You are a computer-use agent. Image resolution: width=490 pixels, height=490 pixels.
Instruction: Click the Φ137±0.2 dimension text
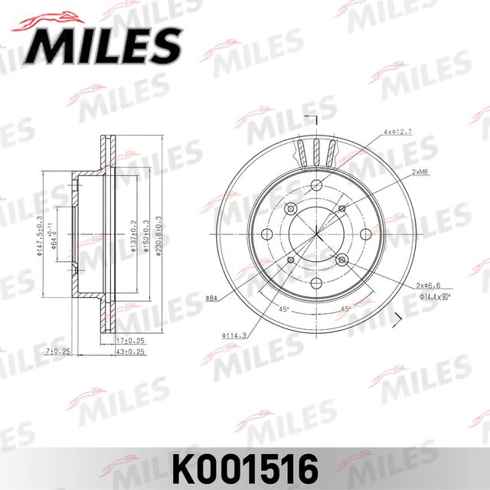(135, 237)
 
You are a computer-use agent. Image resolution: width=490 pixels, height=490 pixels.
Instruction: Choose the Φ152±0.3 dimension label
(147, 237)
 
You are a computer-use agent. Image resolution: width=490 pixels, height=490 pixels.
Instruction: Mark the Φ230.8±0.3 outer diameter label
(159, 235)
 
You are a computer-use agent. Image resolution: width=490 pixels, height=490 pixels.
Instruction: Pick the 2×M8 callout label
(420, 173)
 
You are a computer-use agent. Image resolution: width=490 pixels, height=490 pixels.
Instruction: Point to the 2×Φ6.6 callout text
(428, 284)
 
